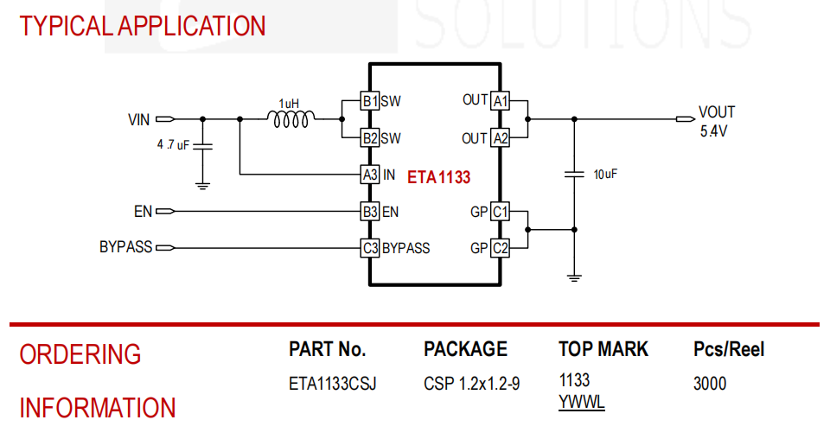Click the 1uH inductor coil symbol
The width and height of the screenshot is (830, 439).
coord(290,119)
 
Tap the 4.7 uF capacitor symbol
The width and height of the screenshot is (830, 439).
coord(202,146)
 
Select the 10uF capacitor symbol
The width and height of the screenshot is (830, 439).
coord(574,174)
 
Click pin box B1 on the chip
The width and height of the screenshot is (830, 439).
coord(370,100)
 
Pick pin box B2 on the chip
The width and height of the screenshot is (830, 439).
coord(370,138)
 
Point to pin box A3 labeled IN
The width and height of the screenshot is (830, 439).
coord(370,175)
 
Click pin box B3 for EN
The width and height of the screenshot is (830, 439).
coord(370,212)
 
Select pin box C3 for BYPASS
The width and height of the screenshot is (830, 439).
coord(370,247)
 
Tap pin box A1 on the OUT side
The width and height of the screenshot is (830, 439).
coord(501,100)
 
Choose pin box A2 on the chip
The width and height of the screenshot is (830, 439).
coord(501,138)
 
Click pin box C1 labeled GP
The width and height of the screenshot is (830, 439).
coord(501,212)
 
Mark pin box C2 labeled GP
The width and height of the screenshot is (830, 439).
coord(501,247)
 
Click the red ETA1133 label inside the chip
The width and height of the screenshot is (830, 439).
coord(439,176)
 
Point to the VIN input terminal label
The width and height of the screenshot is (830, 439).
coord(138,119)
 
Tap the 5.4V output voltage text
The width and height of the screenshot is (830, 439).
coord(713,131)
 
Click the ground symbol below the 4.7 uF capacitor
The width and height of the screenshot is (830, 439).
coord(202,186)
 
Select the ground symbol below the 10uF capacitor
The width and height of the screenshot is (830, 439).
coord(574,278)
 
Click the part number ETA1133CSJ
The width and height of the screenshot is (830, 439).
coord(332,384)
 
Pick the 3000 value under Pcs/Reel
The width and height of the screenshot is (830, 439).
coord(710,384)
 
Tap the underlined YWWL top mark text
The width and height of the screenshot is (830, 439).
coord(581,403)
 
